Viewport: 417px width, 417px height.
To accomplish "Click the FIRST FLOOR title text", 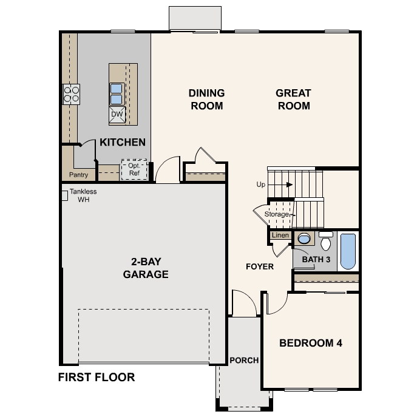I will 96,377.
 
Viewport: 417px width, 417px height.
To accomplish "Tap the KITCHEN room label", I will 123,143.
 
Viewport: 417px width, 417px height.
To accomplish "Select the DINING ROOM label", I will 206,100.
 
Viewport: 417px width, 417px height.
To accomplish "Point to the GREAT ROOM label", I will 293,100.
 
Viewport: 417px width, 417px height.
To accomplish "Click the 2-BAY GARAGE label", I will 146,268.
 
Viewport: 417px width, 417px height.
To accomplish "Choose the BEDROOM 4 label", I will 311,343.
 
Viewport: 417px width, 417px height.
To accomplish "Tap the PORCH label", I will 244,360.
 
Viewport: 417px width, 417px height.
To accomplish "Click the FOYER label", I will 259,266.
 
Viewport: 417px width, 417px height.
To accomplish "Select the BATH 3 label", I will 316,260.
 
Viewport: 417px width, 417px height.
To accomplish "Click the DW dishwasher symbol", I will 117,114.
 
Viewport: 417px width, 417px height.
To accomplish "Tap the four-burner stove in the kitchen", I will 71,94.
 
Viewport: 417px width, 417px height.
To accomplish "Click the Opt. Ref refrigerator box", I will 134,169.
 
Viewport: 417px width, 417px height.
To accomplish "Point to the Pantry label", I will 78,175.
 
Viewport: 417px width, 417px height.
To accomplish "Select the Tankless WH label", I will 83,195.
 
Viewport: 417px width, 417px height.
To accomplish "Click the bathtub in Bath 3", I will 348,251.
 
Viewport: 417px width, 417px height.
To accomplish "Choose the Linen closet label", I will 280,235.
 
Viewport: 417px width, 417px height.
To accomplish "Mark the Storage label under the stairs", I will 277,214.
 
